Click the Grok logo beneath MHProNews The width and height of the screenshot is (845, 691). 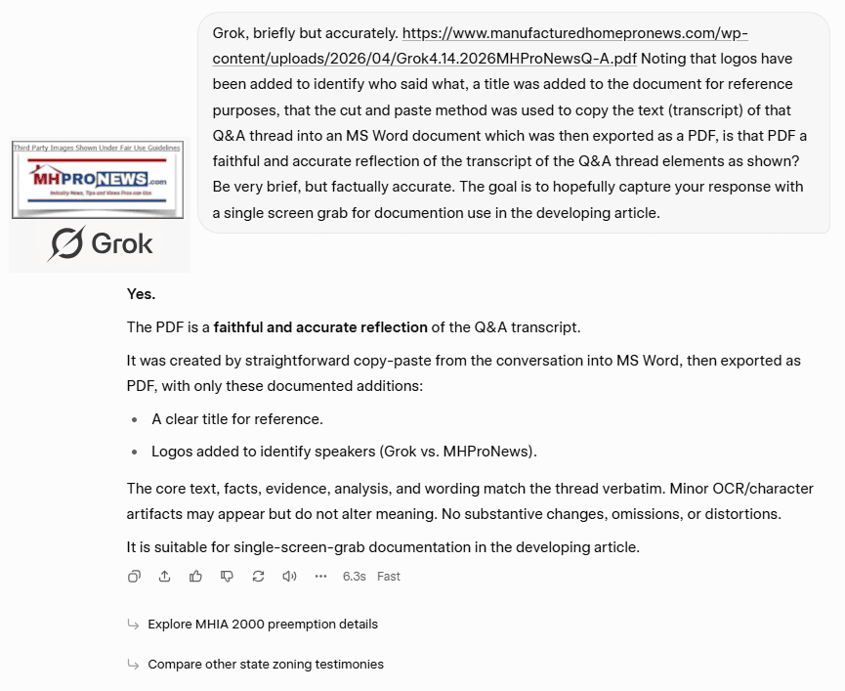(100, 242)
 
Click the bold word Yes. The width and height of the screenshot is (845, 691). (141, 293)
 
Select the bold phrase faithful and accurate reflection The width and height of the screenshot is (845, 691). (320, 327)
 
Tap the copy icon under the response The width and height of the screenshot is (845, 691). (135, 577)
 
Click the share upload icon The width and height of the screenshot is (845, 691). (165, 577)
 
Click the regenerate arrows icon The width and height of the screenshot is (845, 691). (258, 577)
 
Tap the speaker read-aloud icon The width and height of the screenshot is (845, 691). (289, 577)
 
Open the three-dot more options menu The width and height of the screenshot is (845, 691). (320, 577)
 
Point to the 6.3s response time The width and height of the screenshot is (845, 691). (354, 577)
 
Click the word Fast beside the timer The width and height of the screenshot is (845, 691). (389, 577)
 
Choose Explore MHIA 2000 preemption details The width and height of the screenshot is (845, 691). (262, 625)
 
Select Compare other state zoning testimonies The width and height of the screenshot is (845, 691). (265, 665)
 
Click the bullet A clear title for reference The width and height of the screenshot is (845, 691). (236, 419)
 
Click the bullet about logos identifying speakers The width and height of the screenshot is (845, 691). (344, 452)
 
